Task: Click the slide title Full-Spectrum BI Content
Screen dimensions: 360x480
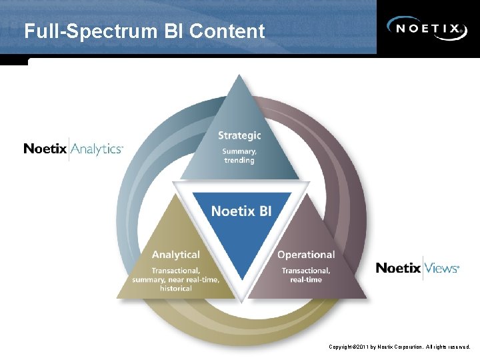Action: tap(144, 31)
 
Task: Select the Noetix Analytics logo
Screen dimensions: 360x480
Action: tap(73, 149)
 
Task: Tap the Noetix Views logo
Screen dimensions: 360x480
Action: tap(417, 268)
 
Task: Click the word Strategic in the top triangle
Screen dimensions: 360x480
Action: tap(239, 135)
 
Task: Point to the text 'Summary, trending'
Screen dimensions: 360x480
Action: tap(239, 156)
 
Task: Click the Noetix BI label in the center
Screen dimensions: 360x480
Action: tap(241, 211)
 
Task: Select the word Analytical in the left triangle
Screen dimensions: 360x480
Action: tap(175, 255)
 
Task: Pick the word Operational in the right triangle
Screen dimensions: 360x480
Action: tap(306, 255)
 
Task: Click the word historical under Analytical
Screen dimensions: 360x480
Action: tap(176, 289)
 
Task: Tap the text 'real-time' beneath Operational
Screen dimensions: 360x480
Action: tap(306, 280)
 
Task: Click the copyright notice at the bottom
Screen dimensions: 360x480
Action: tap(399, 347)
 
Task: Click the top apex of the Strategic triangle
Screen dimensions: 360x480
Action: tap(240, 75)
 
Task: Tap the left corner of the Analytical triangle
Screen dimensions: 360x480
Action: tap(118, 297)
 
